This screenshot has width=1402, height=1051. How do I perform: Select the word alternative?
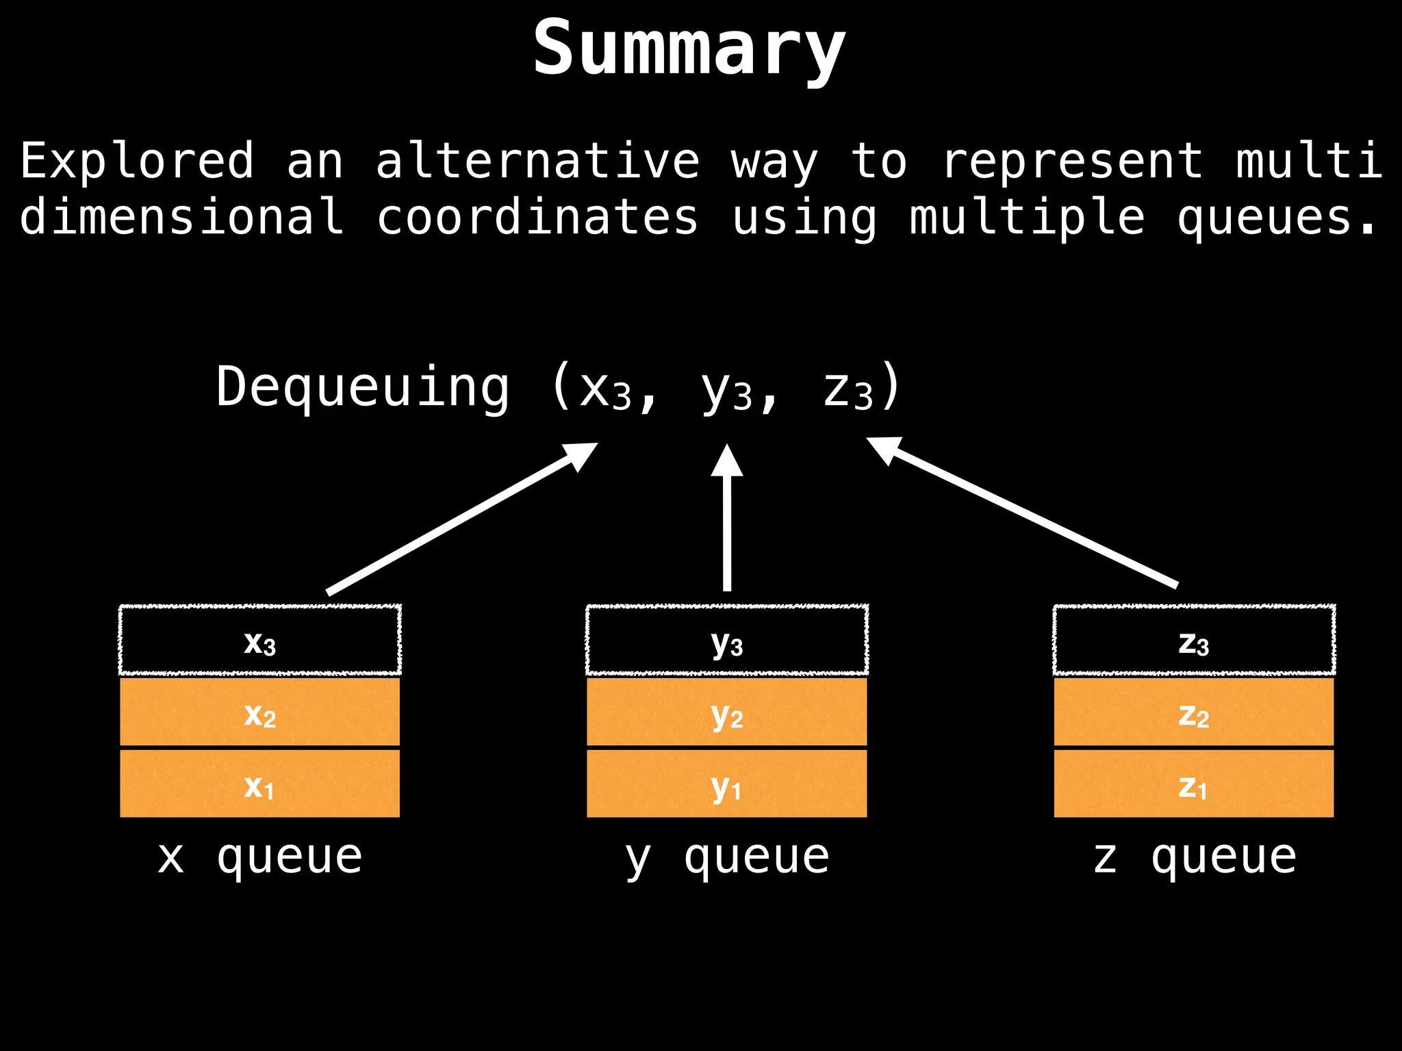(x=537, y=161)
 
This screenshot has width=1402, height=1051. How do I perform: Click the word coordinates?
(x=537, y=218)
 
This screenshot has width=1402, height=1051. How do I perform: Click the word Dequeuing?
(x=363, y=387)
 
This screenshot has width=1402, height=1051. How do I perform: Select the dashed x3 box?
(x=260, y=640)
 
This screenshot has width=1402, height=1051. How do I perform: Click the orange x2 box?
(x=260, y=712)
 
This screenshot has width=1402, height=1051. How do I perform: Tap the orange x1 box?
(x=260, y=783)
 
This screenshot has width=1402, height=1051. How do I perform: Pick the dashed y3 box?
(x=727, y=640)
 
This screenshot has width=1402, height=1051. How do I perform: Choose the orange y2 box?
(x=727, y=712)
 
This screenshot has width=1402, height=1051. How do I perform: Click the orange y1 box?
(x=727, y=783)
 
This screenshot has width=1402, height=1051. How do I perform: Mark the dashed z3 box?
(x=1194, y=640)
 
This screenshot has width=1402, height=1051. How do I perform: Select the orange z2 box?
(x=1194, y=712)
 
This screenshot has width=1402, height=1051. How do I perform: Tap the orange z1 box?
(x=1194, y=783)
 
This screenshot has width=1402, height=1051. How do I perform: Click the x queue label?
(x=260, y=857)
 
